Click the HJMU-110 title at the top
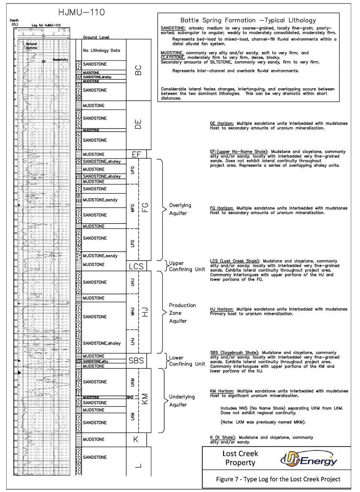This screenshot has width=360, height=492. click(x=81, y=13)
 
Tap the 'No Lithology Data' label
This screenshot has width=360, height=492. click(x=101, y=50)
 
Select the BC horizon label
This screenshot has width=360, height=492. click(x=138, y=70)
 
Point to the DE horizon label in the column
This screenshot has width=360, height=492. click(x=138, y=124)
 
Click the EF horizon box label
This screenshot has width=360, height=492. click(x=137, y=154)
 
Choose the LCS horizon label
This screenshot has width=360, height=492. click(x=136, y=266)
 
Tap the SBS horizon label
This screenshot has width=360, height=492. click(x=136, y=361)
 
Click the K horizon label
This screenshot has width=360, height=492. click(x=136, y=439)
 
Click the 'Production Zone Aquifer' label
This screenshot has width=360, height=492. click(x=182, y=313)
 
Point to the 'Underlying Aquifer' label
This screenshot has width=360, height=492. click(x=182, y=400)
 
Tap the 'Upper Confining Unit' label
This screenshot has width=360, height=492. click(x=187, y=266)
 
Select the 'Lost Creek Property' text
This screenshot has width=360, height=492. click(x=240, y=458)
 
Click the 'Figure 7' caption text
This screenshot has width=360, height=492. click(x=278, y=479)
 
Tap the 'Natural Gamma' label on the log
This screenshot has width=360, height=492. click(x=31, y=46)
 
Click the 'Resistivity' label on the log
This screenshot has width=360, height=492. click(x=60, y=60)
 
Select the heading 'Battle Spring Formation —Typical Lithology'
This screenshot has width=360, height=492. click(x=248, y=20)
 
